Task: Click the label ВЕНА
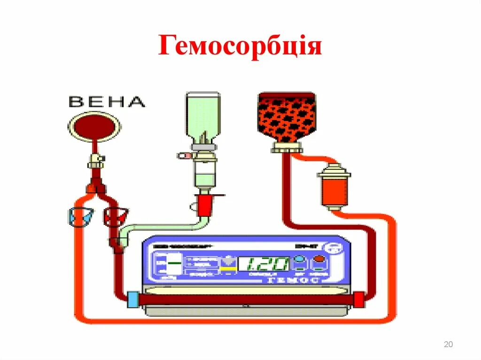pos(107,101)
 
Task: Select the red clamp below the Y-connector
pos(115,216)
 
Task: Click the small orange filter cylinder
pos(334,185)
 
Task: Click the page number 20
pos(448,345)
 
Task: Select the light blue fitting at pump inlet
pos(133,299)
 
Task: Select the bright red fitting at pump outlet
pos(359,299)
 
